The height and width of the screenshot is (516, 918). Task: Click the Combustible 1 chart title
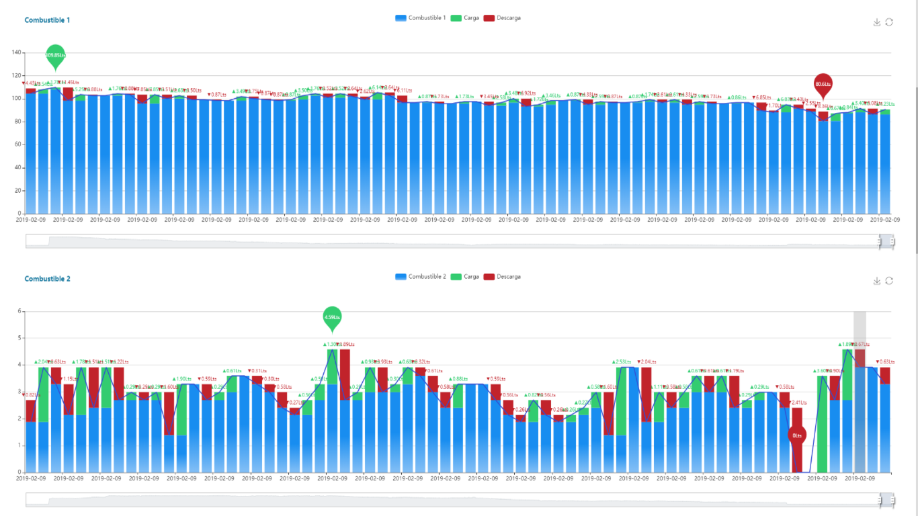(47, 20)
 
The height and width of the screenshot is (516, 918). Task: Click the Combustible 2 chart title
(47, 279)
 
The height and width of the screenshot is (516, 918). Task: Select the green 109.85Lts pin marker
(56, 55)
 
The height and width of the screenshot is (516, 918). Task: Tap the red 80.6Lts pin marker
(823, 85)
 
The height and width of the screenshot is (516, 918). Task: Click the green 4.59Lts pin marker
(332, 316)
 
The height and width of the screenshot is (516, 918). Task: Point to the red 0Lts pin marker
(797, 435)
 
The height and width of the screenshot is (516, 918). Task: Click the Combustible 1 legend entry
(421, 18)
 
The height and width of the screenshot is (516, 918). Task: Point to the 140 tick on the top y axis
(17, 52)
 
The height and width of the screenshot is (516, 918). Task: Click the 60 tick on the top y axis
(19, 144)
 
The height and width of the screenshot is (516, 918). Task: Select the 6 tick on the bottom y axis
(20, 311)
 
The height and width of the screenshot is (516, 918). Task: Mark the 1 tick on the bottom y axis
(20, 445)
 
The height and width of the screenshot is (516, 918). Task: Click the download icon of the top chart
(876, 22)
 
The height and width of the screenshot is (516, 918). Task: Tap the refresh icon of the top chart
(889, 22)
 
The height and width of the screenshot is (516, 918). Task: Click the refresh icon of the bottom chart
(889, 281)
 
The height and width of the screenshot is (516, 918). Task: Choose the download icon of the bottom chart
(876, 281)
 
